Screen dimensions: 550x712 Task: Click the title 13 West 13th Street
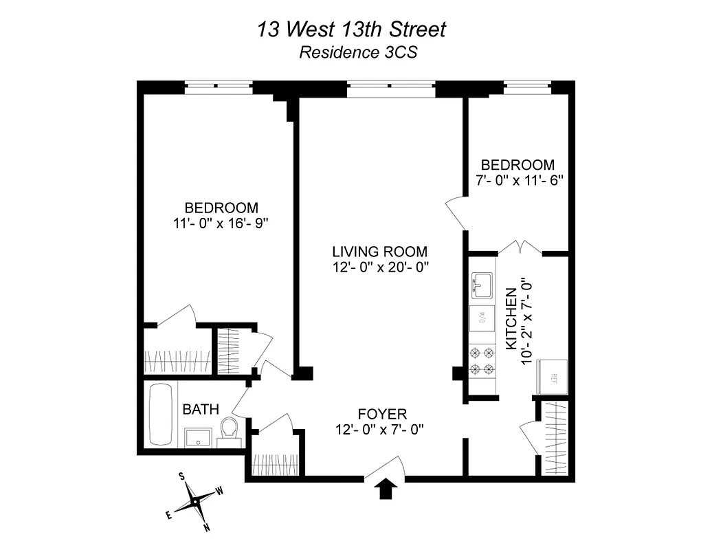click(x=351, y=30)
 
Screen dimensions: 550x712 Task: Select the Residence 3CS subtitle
click(x=357, y=53)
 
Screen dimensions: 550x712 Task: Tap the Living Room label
click(x=379, y=252)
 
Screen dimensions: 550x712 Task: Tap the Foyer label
click(x=382, y=414)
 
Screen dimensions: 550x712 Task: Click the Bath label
click(x=200, y=410)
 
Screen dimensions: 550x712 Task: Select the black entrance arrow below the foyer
click(x=387, y=488)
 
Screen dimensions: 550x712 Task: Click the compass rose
click(x=196, y=502)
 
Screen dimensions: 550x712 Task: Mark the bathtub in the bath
click(x=162, y=415)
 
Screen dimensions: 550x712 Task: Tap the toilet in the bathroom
click(x=228, y=431)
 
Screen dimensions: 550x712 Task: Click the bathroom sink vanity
click(x=200, y=437)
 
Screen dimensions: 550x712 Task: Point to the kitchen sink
click(x=481, y=285)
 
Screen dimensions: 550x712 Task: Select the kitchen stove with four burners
click(x=481, y=361)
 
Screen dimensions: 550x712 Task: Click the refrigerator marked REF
click(x=553, y=377)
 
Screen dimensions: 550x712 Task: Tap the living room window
click(x=390, y=87)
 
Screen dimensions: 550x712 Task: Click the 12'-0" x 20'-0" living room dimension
click(x=379, y=267)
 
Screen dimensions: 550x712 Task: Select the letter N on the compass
click(x=206, y=528)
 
